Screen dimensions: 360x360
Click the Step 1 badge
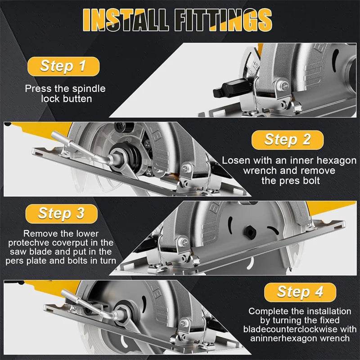pos(63,66)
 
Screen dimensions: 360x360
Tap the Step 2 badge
pos(288,139)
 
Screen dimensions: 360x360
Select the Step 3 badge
pos(62,213)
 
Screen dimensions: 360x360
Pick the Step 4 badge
pos(300,292)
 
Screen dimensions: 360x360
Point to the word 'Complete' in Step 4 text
pos(268,311)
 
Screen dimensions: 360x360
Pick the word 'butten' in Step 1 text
pos(74,99)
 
